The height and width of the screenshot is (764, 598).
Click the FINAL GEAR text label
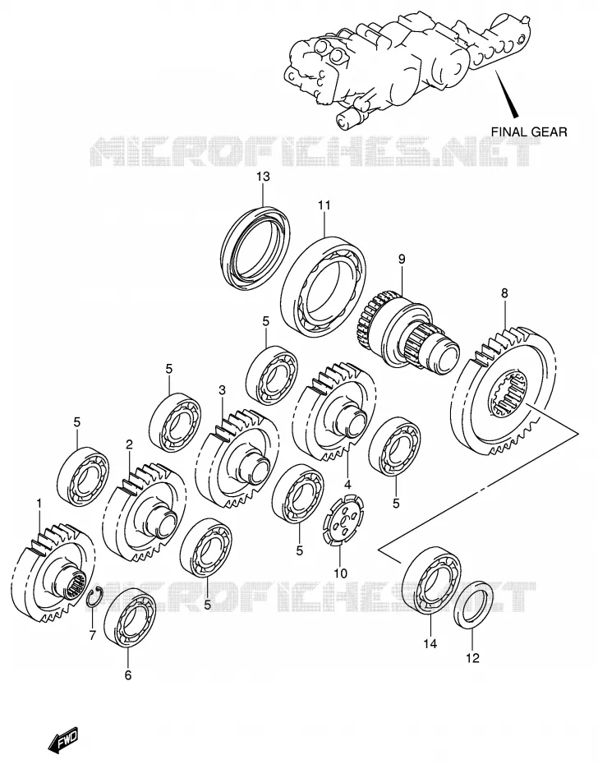tap(529, 131)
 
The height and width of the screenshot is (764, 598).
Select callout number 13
tap(263, 177)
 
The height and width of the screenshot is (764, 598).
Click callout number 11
tap(324, 205)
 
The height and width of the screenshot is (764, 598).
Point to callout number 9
tap(402, 259)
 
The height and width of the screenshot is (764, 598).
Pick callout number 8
tap(504, 293)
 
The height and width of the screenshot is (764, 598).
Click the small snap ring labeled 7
tap(94, 597)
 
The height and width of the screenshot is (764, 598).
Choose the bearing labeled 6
tap(130, 618)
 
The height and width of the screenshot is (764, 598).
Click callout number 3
tap(223, 390)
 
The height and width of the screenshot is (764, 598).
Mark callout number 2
tap(129, 444)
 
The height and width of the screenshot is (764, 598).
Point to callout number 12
tap(473, 658)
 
